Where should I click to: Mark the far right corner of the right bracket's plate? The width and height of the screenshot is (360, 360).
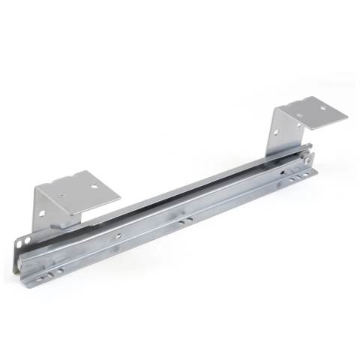point(348,116)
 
